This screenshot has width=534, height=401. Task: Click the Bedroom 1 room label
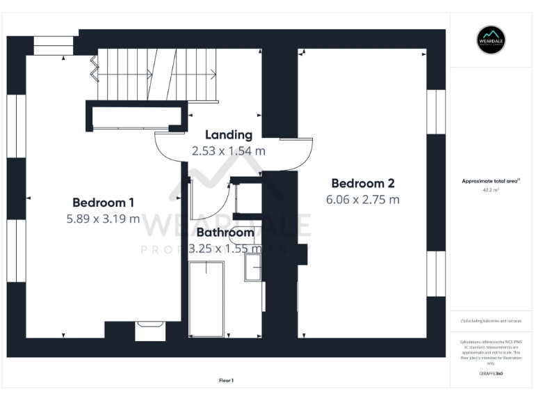103,203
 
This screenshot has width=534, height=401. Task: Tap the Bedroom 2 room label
363,183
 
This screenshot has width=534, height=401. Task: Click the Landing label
228,134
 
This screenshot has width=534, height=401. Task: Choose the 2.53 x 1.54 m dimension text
228,150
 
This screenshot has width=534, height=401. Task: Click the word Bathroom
225,233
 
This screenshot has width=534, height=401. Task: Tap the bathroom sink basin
252,268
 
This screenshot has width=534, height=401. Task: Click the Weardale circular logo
491,40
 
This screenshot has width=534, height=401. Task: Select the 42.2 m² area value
491,189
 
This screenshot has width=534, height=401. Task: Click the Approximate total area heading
491,181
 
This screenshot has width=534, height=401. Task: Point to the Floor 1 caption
226,380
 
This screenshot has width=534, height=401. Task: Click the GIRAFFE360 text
491,374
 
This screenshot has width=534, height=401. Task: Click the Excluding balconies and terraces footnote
491,321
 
